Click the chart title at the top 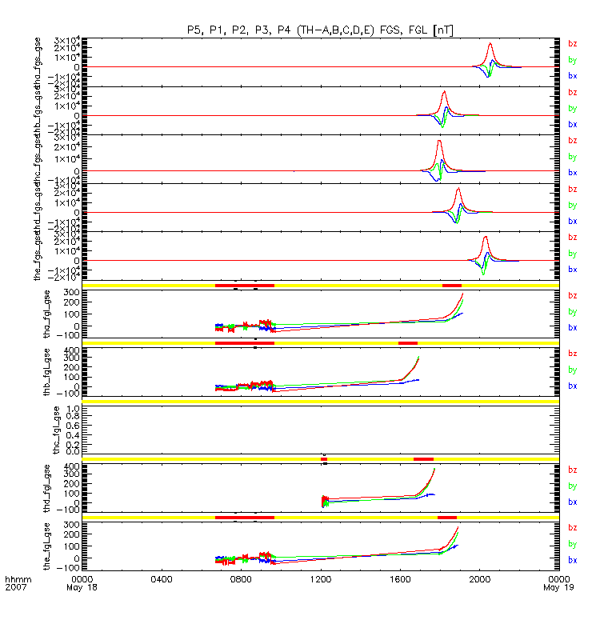click(x=320, y=30)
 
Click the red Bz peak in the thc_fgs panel click(x=438, y=142)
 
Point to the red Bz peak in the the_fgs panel click(x=486, y=237)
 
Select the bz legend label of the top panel click(x=572, y=43)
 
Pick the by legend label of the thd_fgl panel click(x=572, y=486)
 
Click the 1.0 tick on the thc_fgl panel click(x=70, y=409)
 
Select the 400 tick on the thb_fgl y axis click(x=69, y=351)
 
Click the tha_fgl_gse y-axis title click(x=57, y=312)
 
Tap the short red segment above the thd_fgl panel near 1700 click(x=423, y=458)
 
